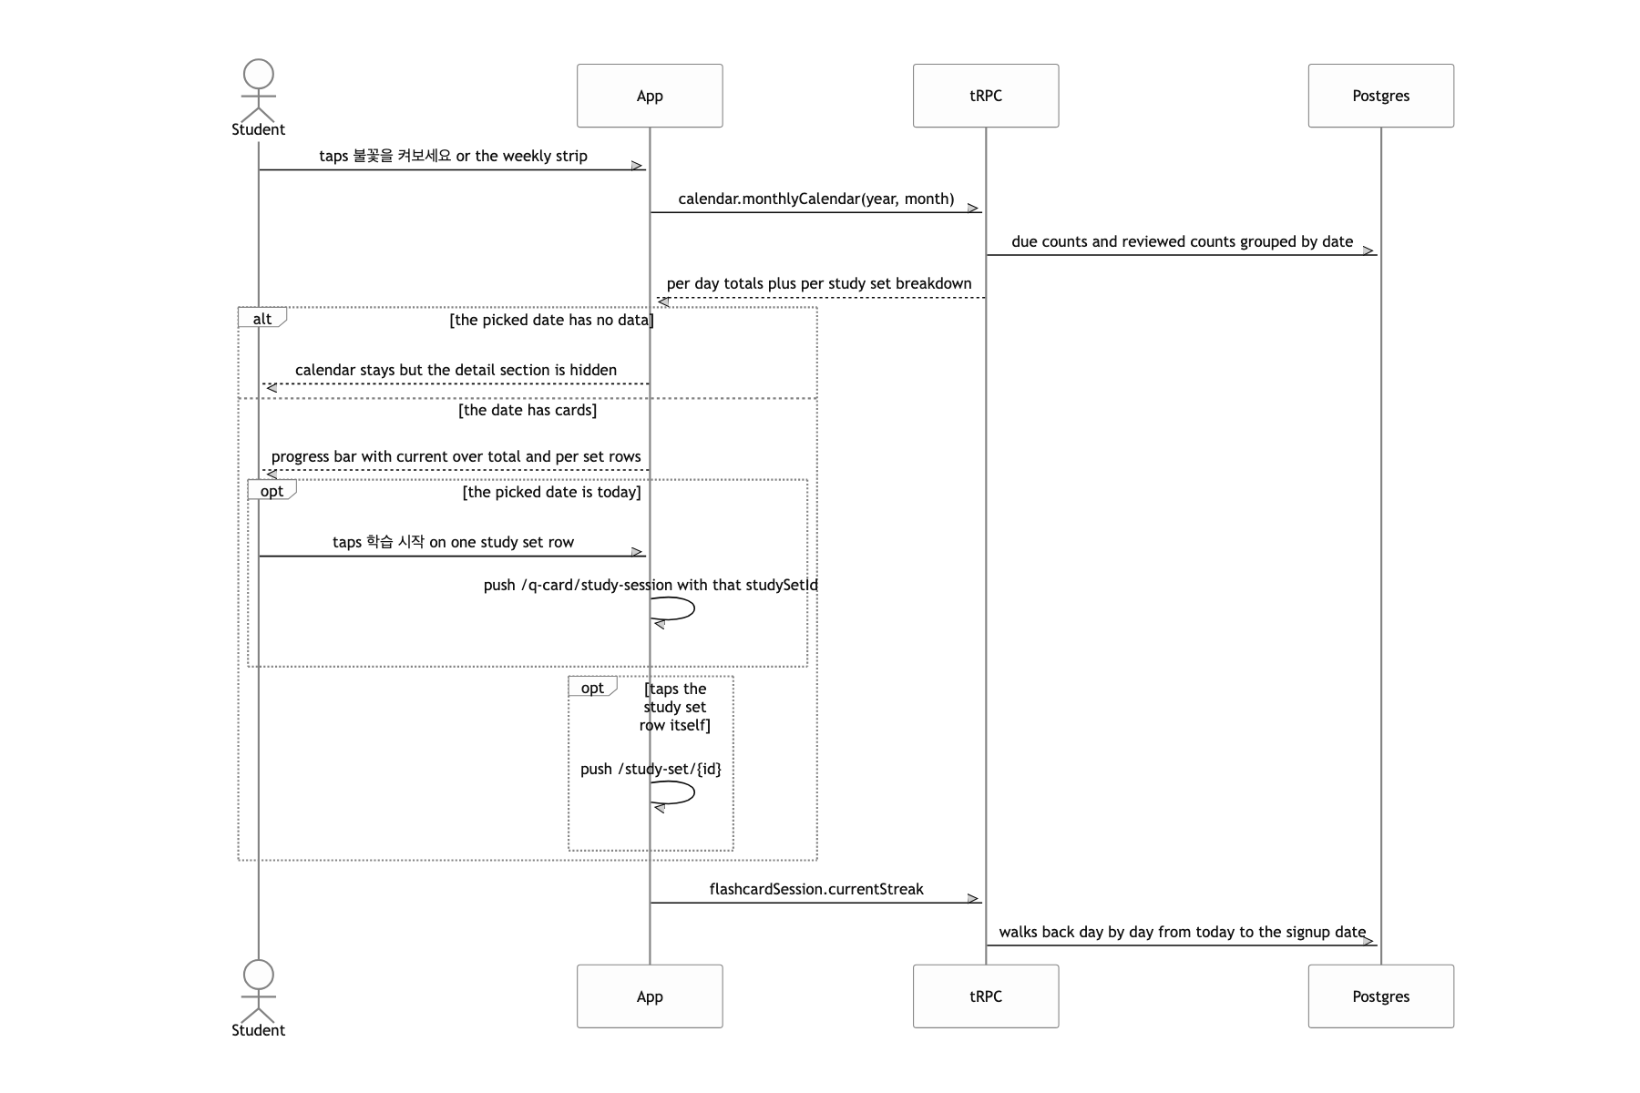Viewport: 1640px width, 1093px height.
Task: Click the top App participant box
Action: pyautogui.click(x=650, y=96)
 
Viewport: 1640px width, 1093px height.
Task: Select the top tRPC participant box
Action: pyautogui.click(x=986, y=96)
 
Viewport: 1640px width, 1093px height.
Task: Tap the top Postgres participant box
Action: pyautogui.click(x=1381, y=96)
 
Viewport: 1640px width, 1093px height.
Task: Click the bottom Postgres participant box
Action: pyautogui.click(x=1381, y=996)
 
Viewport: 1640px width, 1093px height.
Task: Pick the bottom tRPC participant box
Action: pyautogui.click(x=986, y=996)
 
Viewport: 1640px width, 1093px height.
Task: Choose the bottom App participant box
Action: pyautogui.click(x=650, y=996)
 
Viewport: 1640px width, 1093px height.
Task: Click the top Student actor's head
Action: pyautogui.click(x=259, y=75)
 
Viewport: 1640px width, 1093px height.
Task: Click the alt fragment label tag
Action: pyautogui.click(x=262, y=318)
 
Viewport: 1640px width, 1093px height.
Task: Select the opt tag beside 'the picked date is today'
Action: pyautogui.click(x=272, y=491)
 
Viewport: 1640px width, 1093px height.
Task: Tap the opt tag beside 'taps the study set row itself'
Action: pyautogui.click(x=593, y=688)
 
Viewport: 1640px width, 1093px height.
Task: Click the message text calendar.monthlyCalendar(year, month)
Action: pyautogui.click(x=816, y=199)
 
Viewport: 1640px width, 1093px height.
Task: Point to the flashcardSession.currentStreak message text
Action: pyautogui.click(x=816, y=889)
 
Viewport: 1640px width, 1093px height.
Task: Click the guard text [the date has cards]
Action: pyautogui.click(x=528, y=410)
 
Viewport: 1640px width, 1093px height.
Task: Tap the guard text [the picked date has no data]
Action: pyautogui.click(x=551, y=320)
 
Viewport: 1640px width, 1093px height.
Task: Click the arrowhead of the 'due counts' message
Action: pyautogui.click(x=1368, y=251)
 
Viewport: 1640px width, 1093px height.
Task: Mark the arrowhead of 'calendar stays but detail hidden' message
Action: pyautogui.click(x=271, y=388)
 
